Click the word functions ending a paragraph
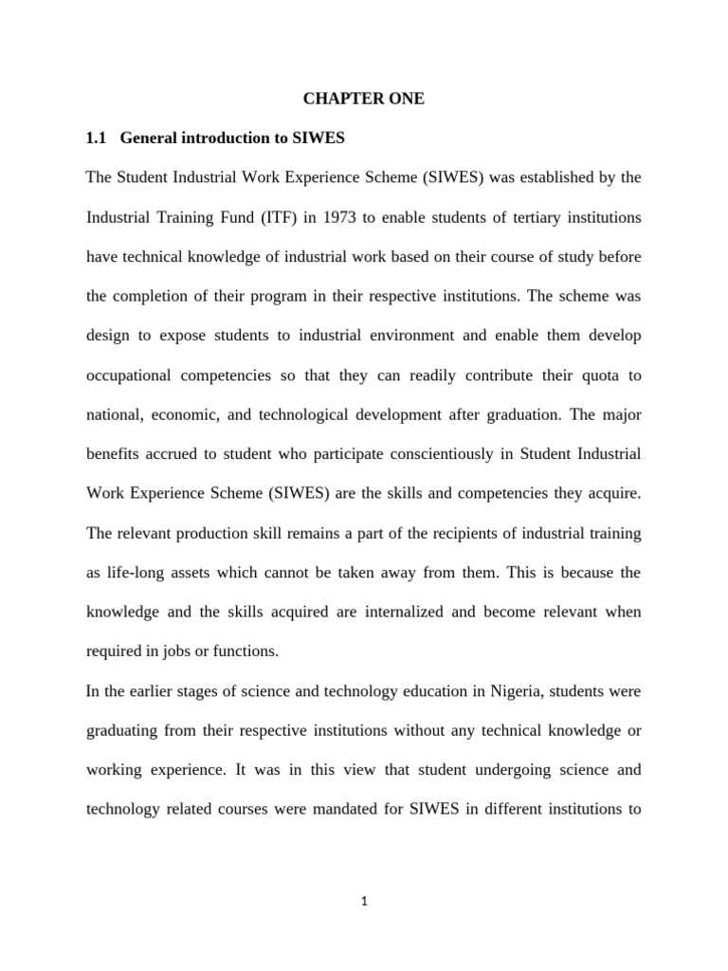coord(249,652)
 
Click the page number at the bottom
coord(364,902)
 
